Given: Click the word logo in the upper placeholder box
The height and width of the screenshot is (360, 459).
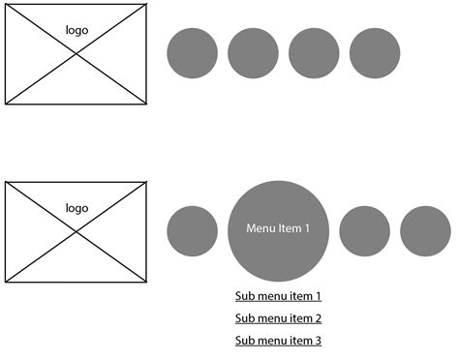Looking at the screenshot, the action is click(76, 30).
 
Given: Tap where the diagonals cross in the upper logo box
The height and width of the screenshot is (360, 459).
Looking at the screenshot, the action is click(76, 53).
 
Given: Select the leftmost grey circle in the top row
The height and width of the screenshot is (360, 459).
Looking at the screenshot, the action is click(192, 53).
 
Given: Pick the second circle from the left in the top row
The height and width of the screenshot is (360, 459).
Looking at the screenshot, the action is click(253, 53).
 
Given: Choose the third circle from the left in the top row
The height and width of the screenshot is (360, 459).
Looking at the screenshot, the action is click(314, 53).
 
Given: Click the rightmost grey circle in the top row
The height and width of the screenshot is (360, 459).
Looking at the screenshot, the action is click(374, 53).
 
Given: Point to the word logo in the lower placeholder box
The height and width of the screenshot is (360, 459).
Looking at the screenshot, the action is click(76, 208).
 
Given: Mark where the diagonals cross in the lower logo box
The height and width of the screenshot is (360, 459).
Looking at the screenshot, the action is click(76, 231).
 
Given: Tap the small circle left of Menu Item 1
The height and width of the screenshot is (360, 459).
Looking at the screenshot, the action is click(192, 231).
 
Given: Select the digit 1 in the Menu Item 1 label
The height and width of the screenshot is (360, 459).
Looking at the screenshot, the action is click(308, 228).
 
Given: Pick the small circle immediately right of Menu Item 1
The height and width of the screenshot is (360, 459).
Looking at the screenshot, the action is click(364, 231).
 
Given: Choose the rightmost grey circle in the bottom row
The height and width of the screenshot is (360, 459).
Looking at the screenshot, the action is click(425, 231).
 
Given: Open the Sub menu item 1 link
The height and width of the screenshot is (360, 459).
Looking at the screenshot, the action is click(278, 296).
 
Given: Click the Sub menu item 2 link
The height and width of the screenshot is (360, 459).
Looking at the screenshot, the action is click(278, 318).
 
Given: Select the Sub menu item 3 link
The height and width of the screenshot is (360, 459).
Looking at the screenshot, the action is click(278, 341).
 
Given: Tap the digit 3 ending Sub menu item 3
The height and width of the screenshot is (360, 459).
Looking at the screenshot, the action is click(318, 341).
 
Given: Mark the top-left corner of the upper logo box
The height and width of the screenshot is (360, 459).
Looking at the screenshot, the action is click(6, 5).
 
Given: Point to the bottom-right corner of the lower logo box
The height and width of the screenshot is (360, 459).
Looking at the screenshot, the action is click(147, 282).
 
